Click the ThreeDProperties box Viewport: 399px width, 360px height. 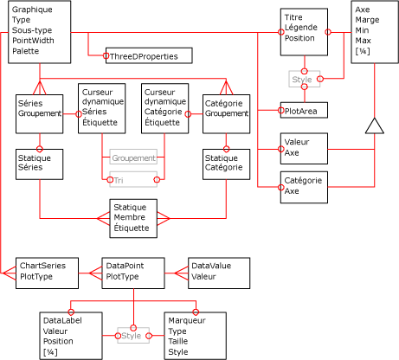pos(148,55)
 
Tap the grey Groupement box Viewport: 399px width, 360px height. pos(133,158)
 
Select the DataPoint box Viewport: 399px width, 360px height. pos(132,272)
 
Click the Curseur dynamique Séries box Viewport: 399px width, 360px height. pos(101,108)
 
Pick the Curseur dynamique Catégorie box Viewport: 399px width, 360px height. pos(164,108)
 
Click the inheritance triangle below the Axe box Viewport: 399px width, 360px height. pos(373,125)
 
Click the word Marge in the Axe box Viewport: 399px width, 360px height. pos(367,20)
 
